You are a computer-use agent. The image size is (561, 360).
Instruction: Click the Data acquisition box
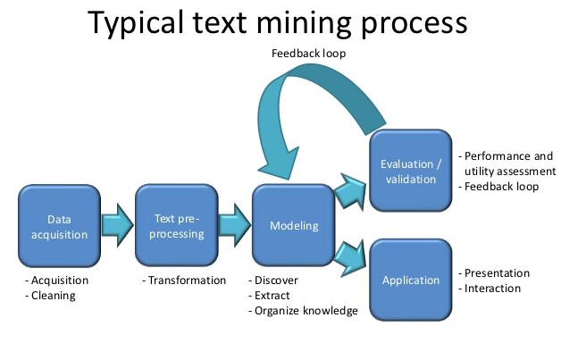click(59, 226)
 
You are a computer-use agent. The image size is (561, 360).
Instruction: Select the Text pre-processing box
click(177, 225)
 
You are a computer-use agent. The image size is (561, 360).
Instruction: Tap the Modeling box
click(294, 225)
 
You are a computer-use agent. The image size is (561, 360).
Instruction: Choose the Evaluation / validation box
click(411, 171)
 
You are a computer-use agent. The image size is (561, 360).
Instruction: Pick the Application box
click(411, 280)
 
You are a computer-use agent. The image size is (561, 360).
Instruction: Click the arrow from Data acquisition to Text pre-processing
click(118, 225)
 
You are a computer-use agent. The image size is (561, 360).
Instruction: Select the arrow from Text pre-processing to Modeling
click(235, 225)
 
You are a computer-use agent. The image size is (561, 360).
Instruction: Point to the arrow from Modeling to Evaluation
click(351, 191)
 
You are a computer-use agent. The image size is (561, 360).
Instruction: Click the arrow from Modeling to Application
click(351, 258)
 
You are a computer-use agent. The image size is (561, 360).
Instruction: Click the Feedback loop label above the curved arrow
click(309, 54)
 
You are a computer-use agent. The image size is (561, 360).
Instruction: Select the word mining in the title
click(304, 23)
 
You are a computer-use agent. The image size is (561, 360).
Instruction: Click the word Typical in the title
click(137, 23)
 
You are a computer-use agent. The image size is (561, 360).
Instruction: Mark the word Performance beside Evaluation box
click(498, 156)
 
